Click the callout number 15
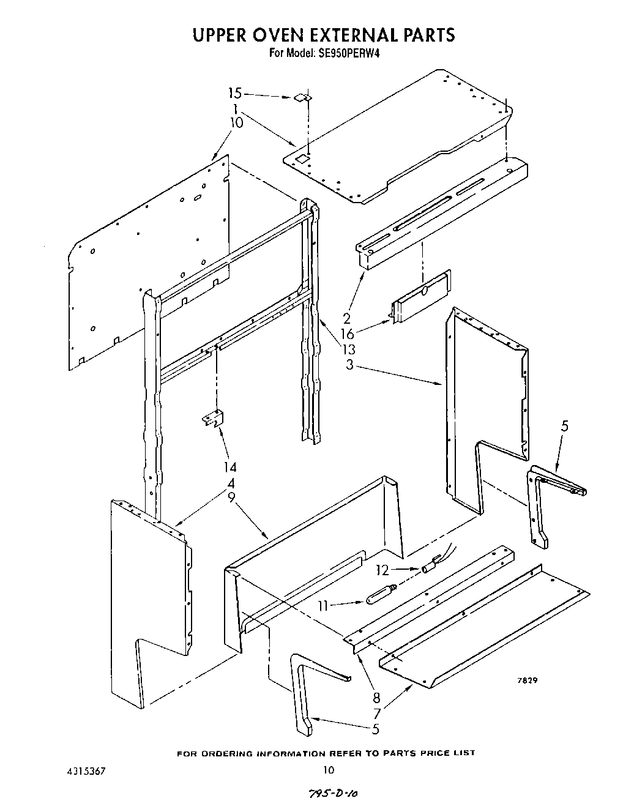tap(235, 94)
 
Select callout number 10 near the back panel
tap(237, 123)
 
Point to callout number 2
tap(346, 318)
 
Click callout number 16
tap(348, 334)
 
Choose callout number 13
tap(349, 349)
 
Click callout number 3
tap(348, 365)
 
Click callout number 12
tap(382, 570)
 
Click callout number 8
tap(376, 697)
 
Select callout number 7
tap(376, 713)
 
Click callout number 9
tap(231, 498)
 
